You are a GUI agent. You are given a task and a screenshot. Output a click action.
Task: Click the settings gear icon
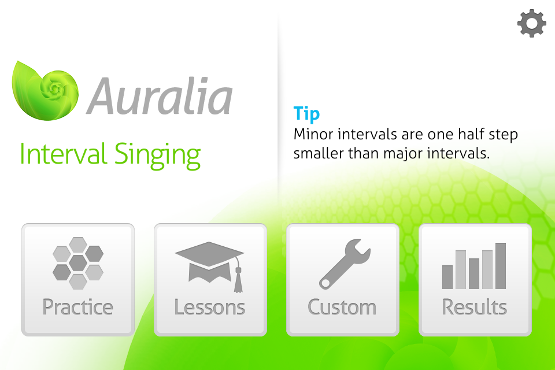[532, 23]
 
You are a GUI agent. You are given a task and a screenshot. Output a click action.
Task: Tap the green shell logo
[45, 91]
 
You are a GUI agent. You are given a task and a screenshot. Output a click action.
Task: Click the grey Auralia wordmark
[160, 97]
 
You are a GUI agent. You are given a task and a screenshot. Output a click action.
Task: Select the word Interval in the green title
[64, 154]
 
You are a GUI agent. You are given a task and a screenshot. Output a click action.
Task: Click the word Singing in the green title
[157, 156]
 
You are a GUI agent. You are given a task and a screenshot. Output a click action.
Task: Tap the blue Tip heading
[306, 114]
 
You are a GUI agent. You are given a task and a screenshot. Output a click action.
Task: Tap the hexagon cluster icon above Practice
[78, 263]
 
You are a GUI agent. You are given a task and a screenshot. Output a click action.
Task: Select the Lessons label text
[209, 307]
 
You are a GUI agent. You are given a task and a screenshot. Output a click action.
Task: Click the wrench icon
[345, 264]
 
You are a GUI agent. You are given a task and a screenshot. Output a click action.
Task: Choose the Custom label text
[342, 307]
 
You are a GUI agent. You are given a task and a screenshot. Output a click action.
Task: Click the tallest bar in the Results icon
[501, 266]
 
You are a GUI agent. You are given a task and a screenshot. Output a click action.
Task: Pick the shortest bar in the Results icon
[447, 277]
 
